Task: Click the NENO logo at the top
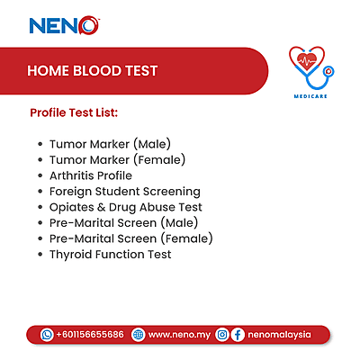click(x=64, y=25)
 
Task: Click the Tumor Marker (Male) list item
click(x=110, y=143)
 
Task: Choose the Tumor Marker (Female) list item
click(x=117, y=159)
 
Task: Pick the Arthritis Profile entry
click(x=91, y=175)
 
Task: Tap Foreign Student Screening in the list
click(x=125, y=192)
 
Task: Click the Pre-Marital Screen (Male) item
click(x=124, y=222)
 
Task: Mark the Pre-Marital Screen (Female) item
click(x=131, y=238)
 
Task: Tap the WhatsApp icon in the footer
click(x=47, y=334)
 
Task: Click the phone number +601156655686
click(x=89, y=334)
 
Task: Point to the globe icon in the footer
click(x=138, y=334)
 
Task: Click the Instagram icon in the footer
click(x=221, y=334)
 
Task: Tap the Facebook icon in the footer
click(x=238, y=334)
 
